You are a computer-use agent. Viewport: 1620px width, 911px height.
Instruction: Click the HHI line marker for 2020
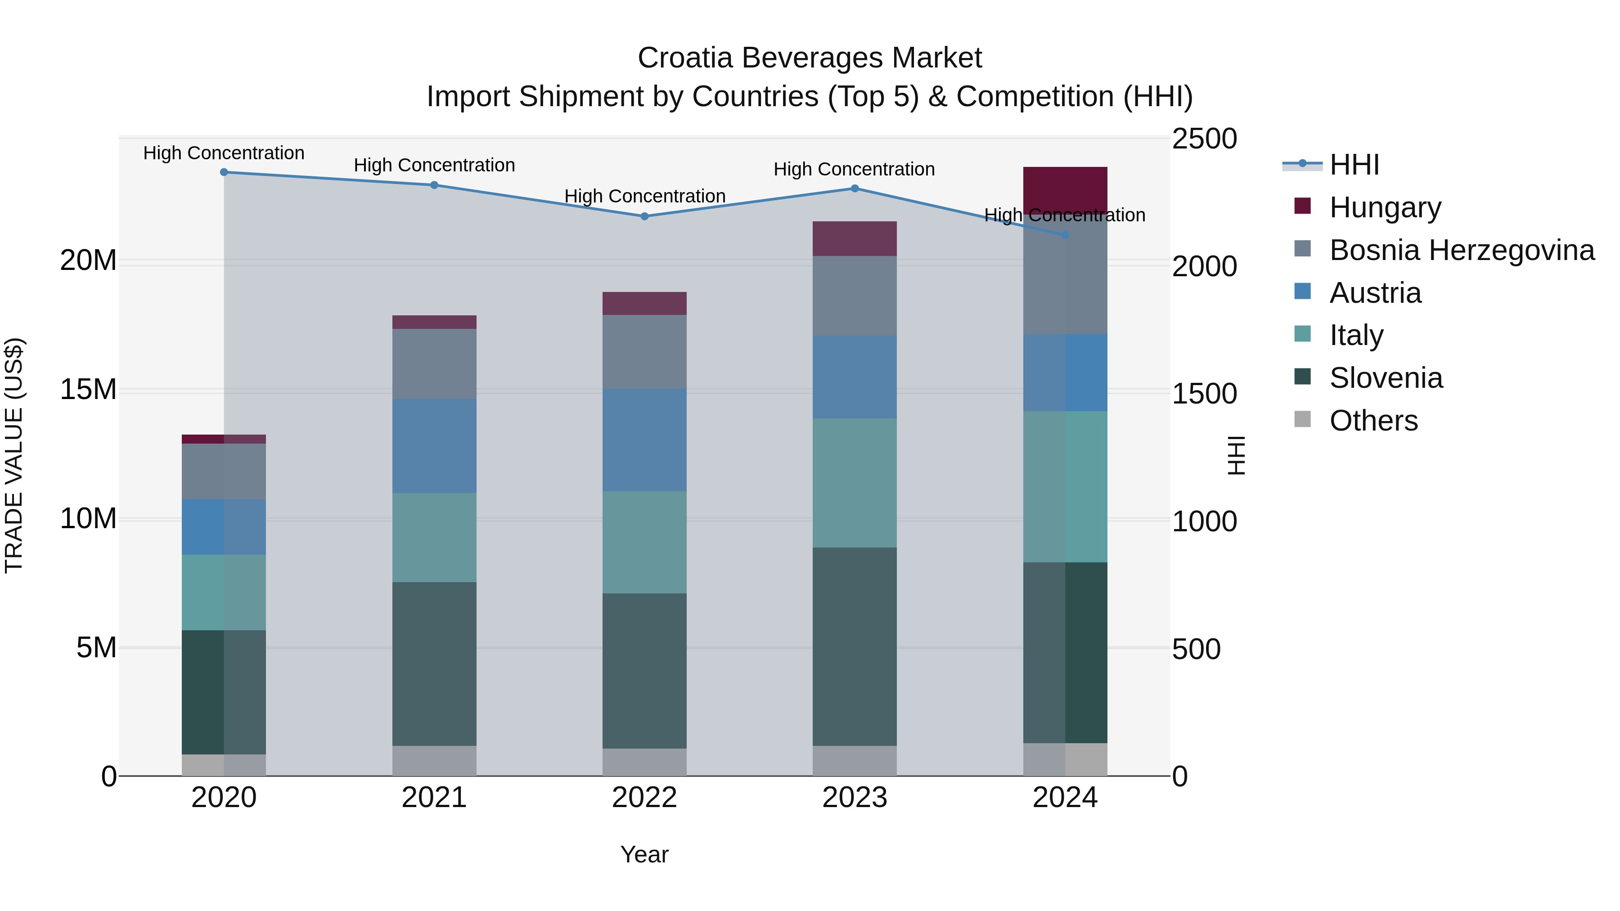pos(224,172)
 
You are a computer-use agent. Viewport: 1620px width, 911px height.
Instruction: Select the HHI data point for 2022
pos(644,216)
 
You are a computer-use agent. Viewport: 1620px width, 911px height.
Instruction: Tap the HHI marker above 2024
pos(1065,235)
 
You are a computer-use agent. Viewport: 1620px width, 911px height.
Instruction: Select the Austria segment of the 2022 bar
pos(644,440)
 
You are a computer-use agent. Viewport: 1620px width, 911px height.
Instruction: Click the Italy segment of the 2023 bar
pos(854,482)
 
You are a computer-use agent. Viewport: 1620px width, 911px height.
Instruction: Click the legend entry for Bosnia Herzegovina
pos(1462,250)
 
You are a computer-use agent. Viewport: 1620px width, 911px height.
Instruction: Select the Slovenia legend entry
pos(1386,378)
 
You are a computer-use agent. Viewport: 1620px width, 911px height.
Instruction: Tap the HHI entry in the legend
pos(1354,165)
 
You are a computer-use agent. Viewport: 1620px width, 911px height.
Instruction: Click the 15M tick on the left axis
pos(88,390)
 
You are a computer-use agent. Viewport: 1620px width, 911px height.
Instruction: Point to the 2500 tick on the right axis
pos(1204,139)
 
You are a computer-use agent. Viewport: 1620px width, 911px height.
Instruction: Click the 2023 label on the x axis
pos(854,798)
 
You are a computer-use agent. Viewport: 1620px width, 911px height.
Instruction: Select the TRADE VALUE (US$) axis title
pos(14,455)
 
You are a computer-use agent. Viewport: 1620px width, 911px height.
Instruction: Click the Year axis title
pos(644,854)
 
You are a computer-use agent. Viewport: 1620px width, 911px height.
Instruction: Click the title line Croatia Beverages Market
pos(810,58)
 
